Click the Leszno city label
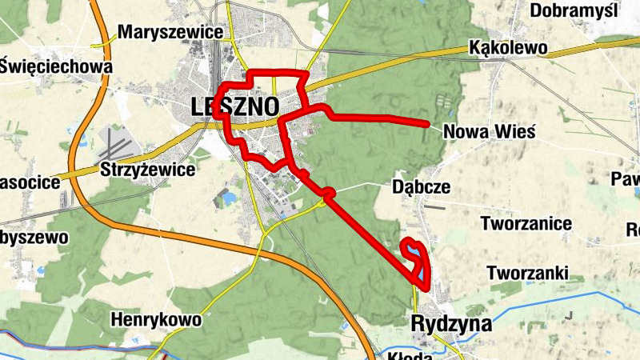click(235, 106)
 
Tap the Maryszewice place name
click(170, 33)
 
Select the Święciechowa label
click(56, 66)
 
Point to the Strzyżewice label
click(148, 170)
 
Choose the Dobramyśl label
click(574, 10)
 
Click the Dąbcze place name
click(422, 186)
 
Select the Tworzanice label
click(526, 223)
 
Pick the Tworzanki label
click(528, 273)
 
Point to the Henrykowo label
click(156, 320)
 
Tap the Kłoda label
click(410, 354)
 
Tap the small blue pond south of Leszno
click(230, 196)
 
